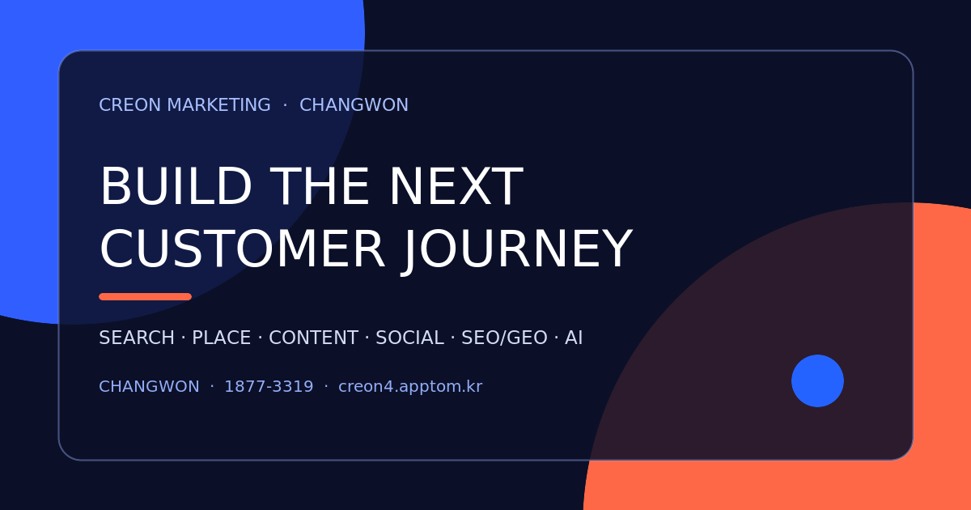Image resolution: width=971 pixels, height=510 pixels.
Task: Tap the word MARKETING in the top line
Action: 219,105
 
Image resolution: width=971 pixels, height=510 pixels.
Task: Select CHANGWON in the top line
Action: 354,105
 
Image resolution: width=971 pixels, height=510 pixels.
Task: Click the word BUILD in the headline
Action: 176,186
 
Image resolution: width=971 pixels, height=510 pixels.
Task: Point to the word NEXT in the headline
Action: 456,186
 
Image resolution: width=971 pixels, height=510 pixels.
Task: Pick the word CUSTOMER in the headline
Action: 242,249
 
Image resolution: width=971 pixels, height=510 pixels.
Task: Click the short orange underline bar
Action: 145,296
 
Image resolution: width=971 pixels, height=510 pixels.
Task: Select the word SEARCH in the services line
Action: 137,338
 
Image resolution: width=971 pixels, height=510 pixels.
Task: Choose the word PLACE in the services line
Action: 221,338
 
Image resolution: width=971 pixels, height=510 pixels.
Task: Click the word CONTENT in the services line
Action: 313,338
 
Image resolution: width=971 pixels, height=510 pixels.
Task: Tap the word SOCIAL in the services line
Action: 409,338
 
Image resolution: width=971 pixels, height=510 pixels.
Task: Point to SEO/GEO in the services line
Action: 504,338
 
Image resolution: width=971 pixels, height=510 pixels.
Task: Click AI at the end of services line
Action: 574,338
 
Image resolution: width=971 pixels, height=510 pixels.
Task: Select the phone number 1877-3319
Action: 269,386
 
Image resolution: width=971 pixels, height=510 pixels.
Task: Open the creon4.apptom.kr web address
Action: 410,387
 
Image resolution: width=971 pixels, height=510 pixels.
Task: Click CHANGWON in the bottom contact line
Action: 149,386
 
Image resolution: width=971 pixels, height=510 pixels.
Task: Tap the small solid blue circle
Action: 817,380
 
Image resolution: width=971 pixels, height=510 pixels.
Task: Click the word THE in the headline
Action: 321,186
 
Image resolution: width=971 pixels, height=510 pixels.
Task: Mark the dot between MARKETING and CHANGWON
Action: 285,105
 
